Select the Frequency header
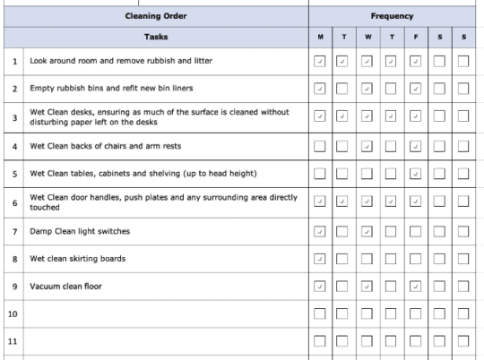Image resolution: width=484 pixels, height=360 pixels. point(392,16)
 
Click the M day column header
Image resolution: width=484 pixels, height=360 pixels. point(321,38)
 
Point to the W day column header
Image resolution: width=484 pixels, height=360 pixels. point(367,38)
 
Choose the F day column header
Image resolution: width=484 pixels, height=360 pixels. point(415,38)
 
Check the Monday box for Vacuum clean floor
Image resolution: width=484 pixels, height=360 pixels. point(321,287)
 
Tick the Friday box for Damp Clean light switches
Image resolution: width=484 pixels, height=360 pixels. point(415,232)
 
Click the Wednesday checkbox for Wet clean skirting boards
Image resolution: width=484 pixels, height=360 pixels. point(367,260)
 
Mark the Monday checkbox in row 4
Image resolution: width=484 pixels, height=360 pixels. point(321,146)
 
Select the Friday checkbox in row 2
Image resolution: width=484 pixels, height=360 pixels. point(415,90)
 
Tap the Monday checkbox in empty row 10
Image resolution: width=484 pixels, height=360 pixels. point(321,314)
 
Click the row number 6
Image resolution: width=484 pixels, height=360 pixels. point(13,202)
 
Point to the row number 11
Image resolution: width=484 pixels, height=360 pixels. point(13,342)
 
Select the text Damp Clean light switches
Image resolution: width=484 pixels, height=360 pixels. point(80,232)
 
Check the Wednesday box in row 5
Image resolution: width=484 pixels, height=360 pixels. point(367,173)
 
